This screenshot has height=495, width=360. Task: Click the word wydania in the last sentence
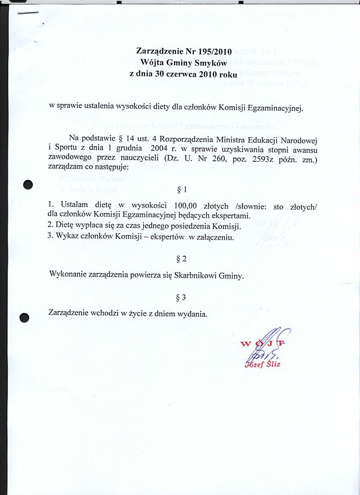click(193, 315)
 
